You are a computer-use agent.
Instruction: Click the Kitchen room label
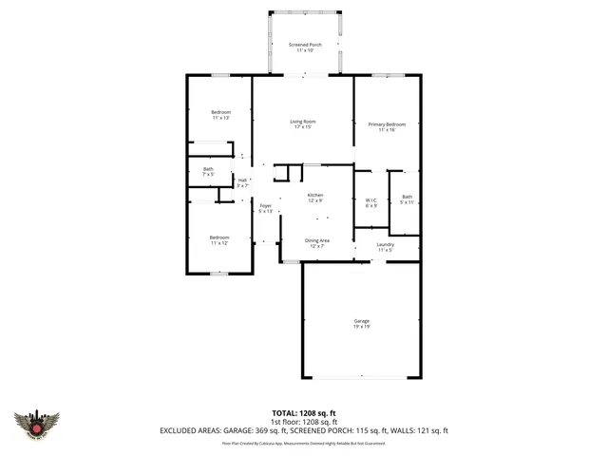click(314, 197)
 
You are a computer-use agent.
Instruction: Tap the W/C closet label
click(370, 201)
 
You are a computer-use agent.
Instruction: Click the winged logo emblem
click(37, 425)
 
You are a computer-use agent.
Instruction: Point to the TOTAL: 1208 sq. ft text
click(304, 413)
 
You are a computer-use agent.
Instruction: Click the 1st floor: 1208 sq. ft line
click(304, 422)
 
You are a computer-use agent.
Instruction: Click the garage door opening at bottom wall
click(361, 377)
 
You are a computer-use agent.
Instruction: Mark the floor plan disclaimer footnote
click(304, 442)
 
